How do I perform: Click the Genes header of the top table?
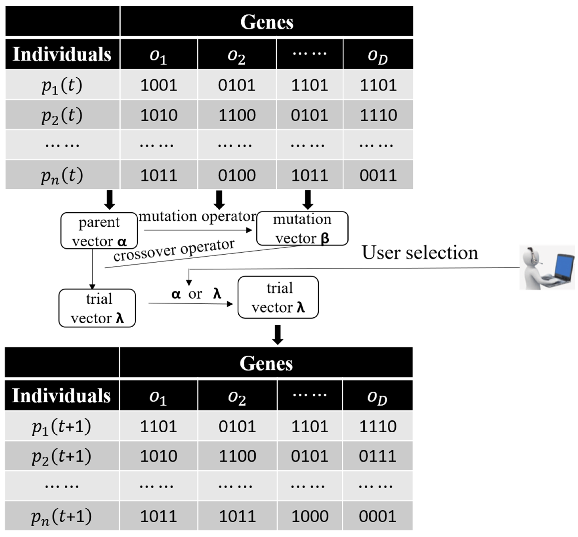pos(267,22)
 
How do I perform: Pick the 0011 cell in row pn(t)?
pos(378,175)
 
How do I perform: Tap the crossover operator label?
pos(174,250)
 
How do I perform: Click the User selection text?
pos(420,253)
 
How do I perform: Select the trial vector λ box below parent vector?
pos(97,308)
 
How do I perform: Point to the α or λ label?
pos(196,294)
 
